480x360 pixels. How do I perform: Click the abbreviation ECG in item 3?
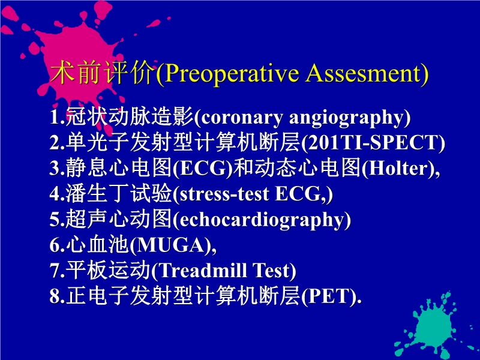click(x=202, y=169)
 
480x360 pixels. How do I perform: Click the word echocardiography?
click(x=261, y=220)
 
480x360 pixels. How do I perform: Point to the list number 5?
click(x=53, y=220)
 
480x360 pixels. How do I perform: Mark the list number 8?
click(x=53, y=296)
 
